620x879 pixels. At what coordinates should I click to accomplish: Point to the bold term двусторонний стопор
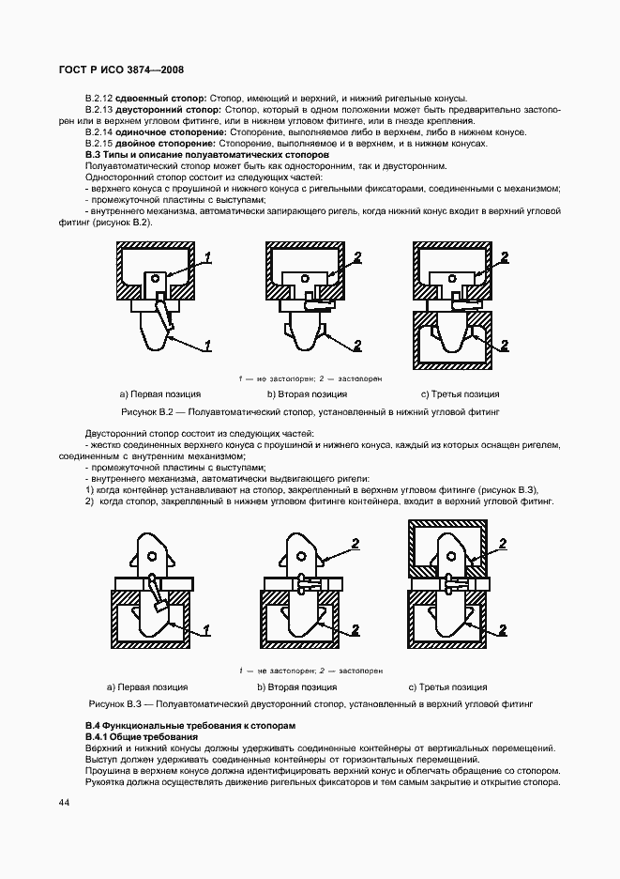(168, 110)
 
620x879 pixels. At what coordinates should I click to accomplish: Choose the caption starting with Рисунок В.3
(310, 702)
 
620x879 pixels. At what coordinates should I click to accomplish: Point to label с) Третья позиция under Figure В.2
(460, 394)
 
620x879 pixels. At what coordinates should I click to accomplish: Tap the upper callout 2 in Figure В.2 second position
(357, 256)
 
